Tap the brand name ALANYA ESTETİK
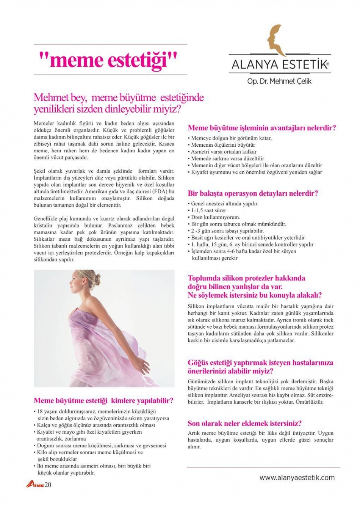point(279,65)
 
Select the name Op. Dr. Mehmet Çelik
point(279,81)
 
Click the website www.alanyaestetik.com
point(297,477)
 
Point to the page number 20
point(48,485)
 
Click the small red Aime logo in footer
point(35,485)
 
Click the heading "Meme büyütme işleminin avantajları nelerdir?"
point(262,128)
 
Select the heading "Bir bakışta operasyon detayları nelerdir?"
point(253,193)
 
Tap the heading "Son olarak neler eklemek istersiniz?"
point(245,423)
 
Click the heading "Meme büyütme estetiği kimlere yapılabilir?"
point(103,400)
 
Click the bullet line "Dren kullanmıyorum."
point(215,217)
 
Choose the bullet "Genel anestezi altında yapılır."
point(224,204)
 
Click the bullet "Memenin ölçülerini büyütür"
point(223,145)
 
